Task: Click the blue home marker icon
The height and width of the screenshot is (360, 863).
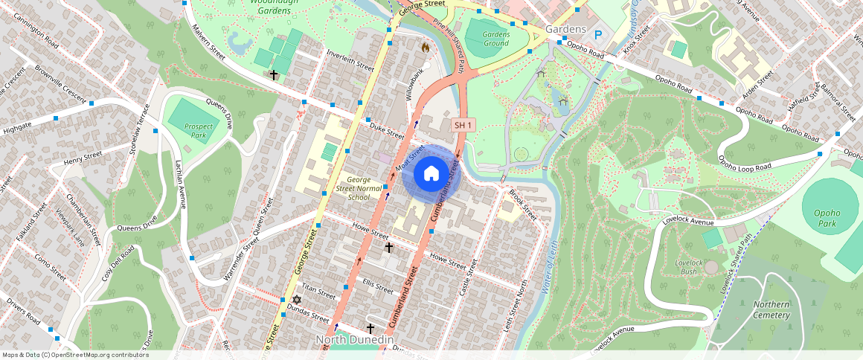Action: pyautogui.click(x=431, y=174)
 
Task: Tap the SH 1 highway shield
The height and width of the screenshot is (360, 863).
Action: pyautogui.click(x=463, y=125)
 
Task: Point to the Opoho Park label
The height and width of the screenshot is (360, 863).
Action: pyautogui.click(x=826, y=218)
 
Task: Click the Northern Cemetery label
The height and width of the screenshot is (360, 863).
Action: pyautogui.click(x=771, y=309)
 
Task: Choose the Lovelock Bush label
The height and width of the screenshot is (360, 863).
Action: pyautogui.click(x=688, y=268)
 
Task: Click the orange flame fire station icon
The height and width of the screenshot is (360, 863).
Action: pyautogui.click(x=426, y=47)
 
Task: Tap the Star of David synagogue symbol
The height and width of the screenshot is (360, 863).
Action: pyautogui.click(x=297, y=300)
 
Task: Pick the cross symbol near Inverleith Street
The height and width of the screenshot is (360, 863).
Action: pyautogui.click(x=274, y=75)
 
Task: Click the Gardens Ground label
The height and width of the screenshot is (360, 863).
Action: pyautogui.click(x=496, y=38)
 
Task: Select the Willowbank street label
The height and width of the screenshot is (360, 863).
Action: pyautogui.click(x=417, y=86)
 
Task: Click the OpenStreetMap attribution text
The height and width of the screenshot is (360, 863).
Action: pyautogui.click(x=75, y=355)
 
